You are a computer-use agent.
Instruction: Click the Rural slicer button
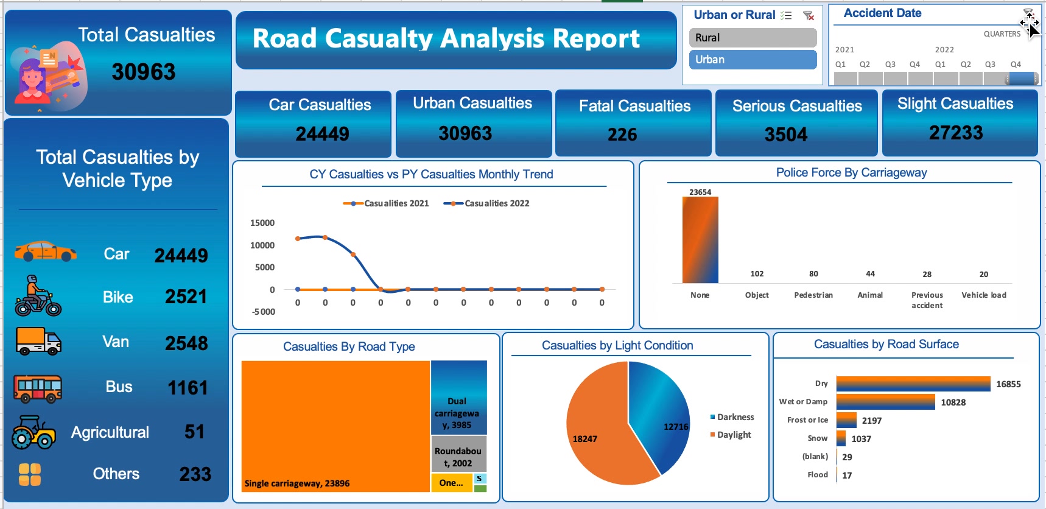753,38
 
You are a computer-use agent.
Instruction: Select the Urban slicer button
753,60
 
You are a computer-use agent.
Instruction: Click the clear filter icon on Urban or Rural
809,16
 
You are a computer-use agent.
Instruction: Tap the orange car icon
46,251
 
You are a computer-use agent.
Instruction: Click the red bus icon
38,388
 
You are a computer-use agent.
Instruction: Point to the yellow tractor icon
34,432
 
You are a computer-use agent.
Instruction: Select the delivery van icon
38,341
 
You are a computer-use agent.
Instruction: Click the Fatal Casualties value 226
622,135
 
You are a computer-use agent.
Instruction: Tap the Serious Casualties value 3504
786,135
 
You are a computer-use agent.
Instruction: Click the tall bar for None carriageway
700,240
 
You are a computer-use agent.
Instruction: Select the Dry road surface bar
913,384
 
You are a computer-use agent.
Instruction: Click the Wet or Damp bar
886,402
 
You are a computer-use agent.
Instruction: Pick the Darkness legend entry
732,417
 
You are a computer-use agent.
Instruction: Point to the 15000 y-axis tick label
262,223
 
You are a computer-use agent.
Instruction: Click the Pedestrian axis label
813,295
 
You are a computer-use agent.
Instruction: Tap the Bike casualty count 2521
186,297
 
